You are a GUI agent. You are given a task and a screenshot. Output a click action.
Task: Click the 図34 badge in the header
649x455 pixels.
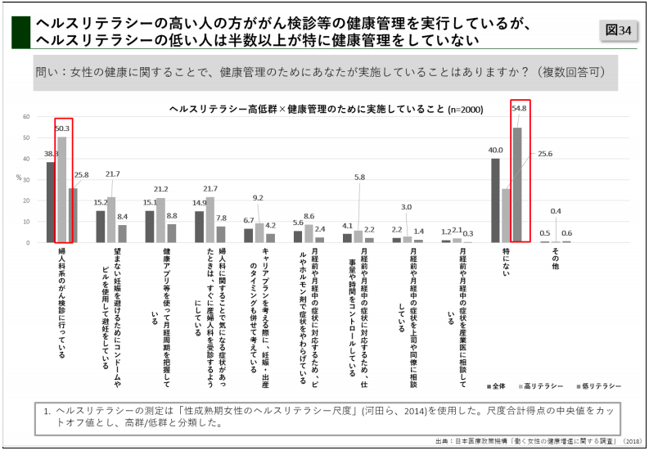[618, 30]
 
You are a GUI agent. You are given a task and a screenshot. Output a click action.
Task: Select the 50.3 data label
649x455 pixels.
[62, 128]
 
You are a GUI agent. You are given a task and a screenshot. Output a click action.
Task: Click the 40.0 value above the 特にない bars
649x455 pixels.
[495, 150]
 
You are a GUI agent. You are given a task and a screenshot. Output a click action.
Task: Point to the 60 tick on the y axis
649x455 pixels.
[26, 117]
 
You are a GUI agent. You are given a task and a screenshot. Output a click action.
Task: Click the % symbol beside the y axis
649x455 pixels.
[18, 178]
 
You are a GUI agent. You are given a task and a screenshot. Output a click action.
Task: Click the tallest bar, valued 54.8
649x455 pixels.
[517, 185]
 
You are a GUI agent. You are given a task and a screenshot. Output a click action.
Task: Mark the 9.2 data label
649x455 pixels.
[258, 198]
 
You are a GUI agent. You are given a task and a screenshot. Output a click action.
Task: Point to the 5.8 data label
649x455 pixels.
[359, 177]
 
